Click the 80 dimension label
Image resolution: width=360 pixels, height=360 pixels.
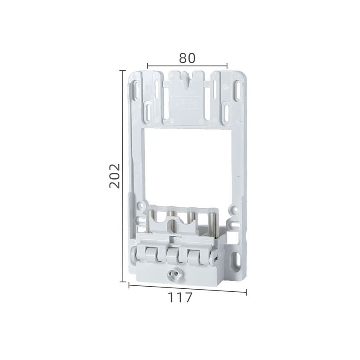[187, 58]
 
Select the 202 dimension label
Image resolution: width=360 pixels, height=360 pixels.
[115, 176]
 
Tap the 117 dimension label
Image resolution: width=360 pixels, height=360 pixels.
[180, 298]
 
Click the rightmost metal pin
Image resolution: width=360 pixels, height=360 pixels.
[212, 221]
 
